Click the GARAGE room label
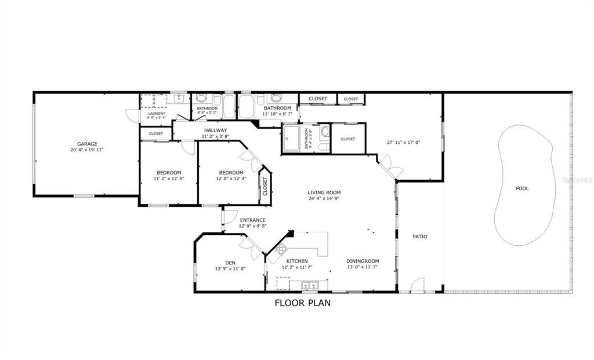click(87, 144)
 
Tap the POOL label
click(522, 188)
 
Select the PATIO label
click(419, 237)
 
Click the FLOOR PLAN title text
click(302, 302)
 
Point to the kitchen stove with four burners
click(281, 250)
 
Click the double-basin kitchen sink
click(309, 285)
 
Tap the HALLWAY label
click(215, 130)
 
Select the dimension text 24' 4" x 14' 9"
click(324, 199)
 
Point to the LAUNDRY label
click(157, 114)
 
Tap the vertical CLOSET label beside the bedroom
click(265, 186)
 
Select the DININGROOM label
click(363, 261)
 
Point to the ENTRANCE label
click(253, 220)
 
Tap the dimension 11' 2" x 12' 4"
click(168, 179)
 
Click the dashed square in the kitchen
click(283, 283)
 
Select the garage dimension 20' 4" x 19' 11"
click(87, 150)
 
